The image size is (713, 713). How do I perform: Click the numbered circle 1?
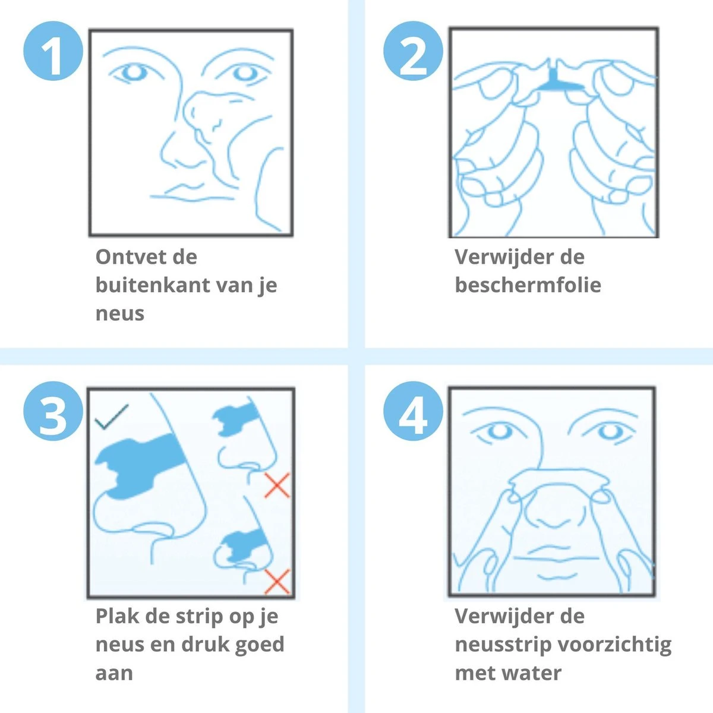53,51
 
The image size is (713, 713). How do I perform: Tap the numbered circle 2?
413,51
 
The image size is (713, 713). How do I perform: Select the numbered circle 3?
53,411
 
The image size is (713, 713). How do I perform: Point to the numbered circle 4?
413,411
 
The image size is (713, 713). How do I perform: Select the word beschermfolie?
528,285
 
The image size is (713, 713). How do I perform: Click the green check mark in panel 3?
111,417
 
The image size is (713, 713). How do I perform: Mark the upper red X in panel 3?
277,485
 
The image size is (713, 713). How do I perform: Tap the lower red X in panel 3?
277,581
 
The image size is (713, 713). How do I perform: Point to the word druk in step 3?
204,645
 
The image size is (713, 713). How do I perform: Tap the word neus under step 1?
120,314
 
